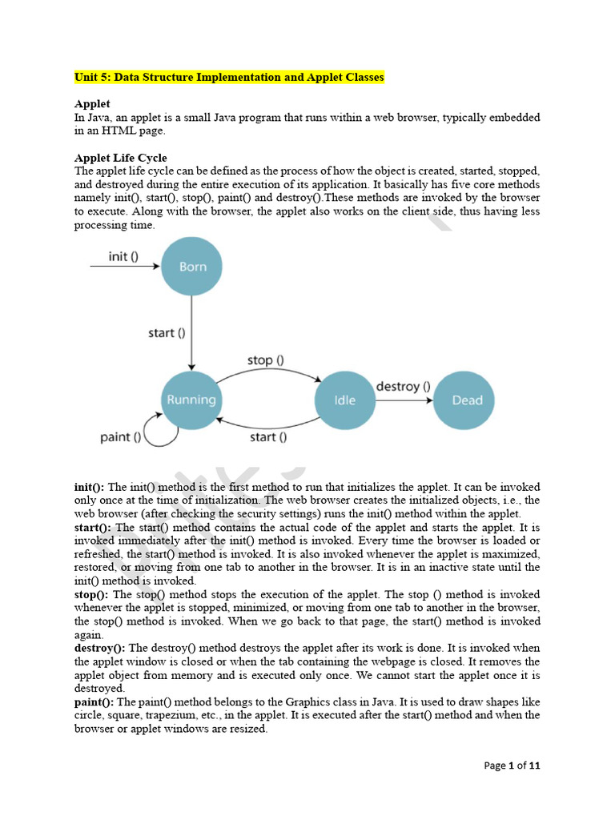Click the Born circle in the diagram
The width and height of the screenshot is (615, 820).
[192, 267]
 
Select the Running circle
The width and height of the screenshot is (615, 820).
[191, 400]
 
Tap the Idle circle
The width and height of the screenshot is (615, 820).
[344, 400]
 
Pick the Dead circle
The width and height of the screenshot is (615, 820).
[467, 400]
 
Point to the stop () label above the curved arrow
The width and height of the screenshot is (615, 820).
[265, 360]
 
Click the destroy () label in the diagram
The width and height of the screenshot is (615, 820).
[404, 386]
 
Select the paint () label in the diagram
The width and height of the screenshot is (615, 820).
[121, 437]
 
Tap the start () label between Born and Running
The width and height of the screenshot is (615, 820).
[167, 333]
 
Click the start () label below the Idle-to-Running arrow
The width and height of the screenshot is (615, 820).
[268, 437]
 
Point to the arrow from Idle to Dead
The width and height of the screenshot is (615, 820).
[404, 400]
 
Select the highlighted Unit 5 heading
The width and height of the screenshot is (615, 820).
[230, 78]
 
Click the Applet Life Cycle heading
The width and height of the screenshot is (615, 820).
[121, 158]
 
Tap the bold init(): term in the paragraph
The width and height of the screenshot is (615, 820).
[90, 487]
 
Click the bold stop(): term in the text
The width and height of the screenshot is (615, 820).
[93, 594]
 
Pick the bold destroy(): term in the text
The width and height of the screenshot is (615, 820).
[100, 648]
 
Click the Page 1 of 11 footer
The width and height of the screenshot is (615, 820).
[512, 766]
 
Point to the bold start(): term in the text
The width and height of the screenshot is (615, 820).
[94, 528]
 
